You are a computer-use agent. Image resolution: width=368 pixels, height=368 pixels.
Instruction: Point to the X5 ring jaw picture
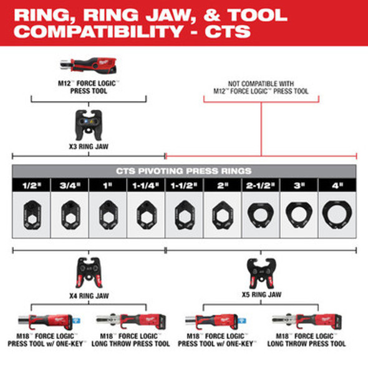click(261, 271)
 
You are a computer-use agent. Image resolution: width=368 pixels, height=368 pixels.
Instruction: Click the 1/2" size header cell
click(31, 185)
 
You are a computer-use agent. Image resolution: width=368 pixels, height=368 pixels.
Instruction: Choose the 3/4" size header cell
click(69, 185)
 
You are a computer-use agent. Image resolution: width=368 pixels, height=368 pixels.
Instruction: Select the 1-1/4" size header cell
click(146, 185)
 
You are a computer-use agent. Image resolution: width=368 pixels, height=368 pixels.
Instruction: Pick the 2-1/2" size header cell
click(261, 185)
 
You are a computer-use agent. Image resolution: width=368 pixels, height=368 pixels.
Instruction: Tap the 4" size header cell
click(337, 185)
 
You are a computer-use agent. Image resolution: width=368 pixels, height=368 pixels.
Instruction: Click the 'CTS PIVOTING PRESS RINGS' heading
click(184, 171)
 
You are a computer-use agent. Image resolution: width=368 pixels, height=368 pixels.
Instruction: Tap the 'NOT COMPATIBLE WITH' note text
click(261, 84)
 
